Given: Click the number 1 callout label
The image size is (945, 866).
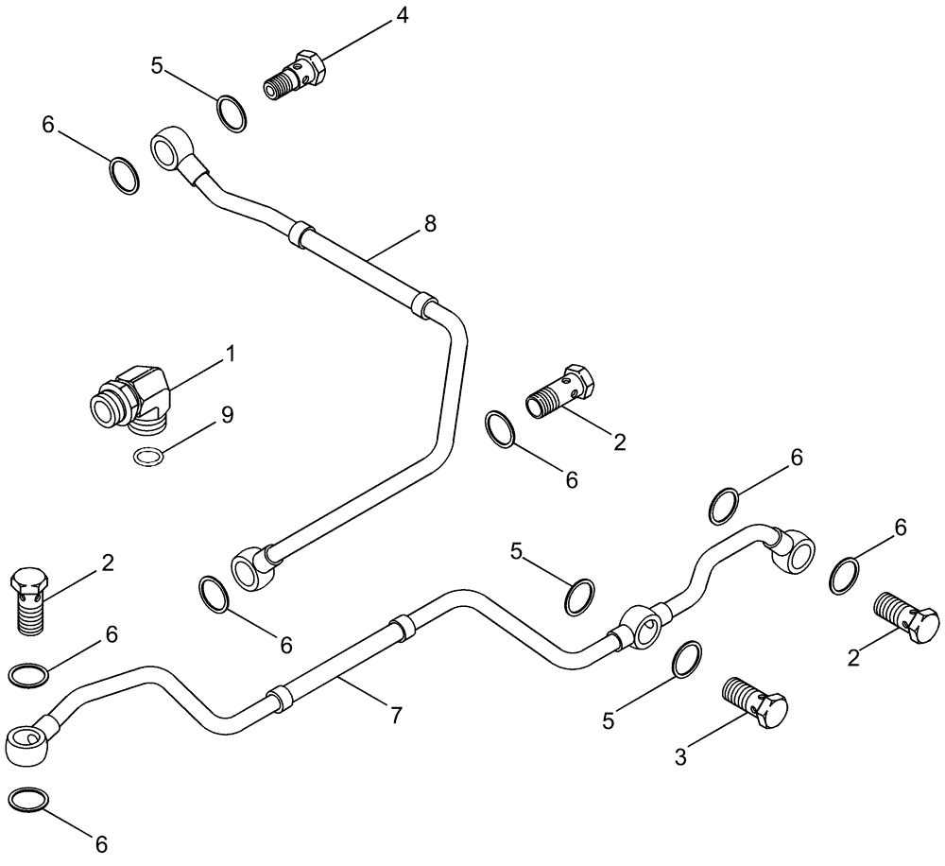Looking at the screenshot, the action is pyautogui.click(x=229, y=355).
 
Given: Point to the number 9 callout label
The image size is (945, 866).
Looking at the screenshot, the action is pyautogui.click(x=228, y=414).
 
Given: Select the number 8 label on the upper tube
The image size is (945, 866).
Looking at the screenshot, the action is pyautogui.click(x=431, y=224).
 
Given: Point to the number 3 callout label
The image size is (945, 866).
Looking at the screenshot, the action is pyautogui.click(x=679, y=756).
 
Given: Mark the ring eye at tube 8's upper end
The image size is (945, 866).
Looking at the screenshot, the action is pyautogui.click(x=169, y=147).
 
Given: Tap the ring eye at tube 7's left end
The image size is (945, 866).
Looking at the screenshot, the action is pyautogui.click(x=26, y=742).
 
